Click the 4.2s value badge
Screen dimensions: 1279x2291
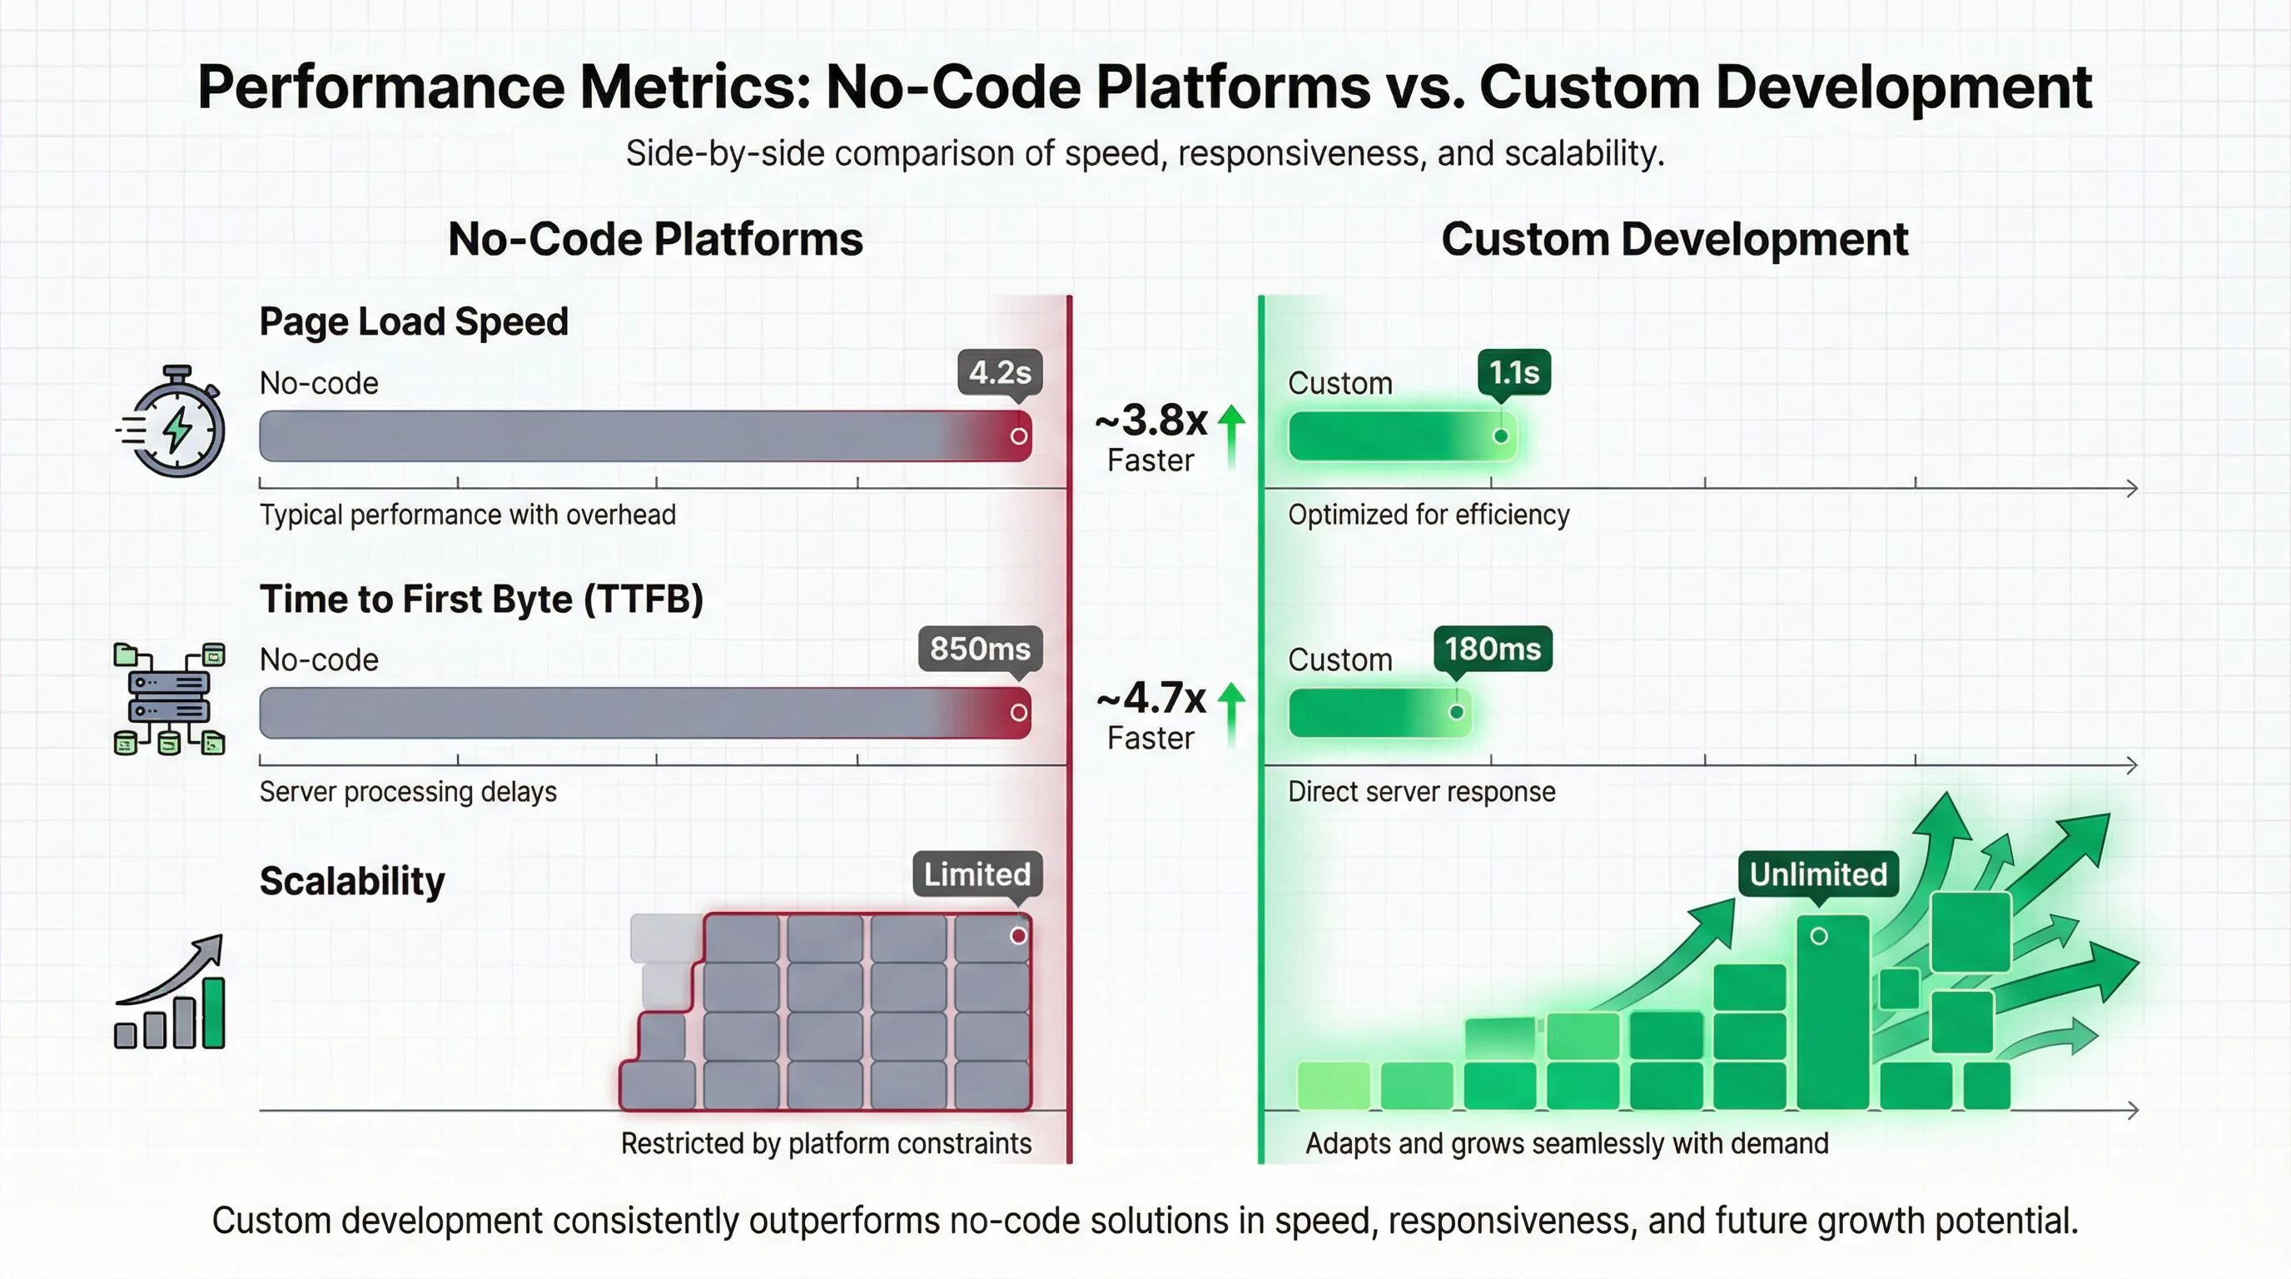click(x=1000, y=371)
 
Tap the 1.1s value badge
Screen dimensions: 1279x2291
click(x=1513, y=371)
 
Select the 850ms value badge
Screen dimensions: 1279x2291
click(x=980, y=649)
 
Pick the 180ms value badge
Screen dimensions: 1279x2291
click(x=1493, y=649)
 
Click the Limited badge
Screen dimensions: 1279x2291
click(x=977, y=874)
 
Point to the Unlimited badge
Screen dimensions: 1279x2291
click(x=1818, y=874)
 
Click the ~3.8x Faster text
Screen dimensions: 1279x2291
click(x=1151, y=436)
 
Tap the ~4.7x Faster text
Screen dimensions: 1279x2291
click(x=1151, y=715)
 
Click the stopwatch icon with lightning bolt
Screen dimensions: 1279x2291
click(x=172, y=421)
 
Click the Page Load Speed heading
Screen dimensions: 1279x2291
click(x=414, y=321)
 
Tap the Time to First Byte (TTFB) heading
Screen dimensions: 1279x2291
click(x=481, y=599)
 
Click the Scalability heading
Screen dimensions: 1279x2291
click(x=352, y=880)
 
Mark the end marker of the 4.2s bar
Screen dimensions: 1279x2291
click(x=1019, y=435)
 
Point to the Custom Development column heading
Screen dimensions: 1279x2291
click(x=1674, y=239)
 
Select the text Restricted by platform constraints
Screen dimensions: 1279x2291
click(x=825, y=1143)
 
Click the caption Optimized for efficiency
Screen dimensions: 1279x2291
click(x=1429, y=515)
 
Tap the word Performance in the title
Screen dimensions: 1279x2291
click(x=380, y=87)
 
